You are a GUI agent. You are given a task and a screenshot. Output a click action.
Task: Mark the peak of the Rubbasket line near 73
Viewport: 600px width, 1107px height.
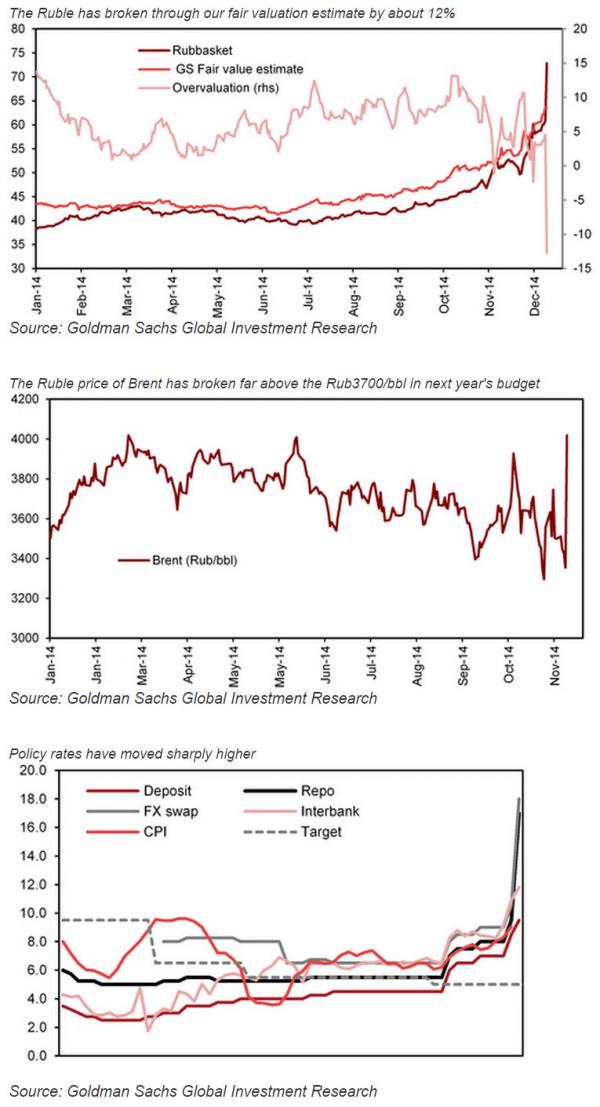[x=546, y=63]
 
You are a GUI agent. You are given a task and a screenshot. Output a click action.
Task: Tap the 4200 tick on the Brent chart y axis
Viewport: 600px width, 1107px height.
[x=23, y=399]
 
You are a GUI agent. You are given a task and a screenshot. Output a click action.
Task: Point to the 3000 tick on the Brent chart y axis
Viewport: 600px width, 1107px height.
[x=23, y=638]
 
